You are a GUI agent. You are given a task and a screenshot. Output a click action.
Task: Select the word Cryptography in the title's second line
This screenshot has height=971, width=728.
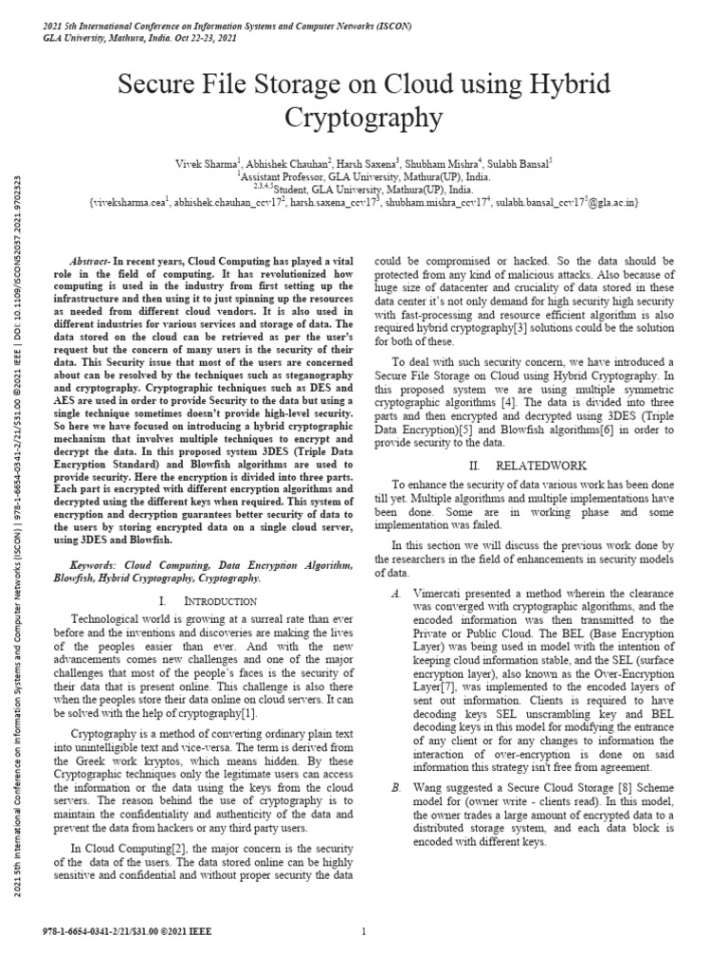pyautogui.click(x=364, y=118)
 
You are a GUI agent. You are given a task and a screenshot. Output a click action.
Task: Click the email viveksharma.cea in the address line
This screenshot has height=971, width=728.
pyautogui.click(x=129, y=203)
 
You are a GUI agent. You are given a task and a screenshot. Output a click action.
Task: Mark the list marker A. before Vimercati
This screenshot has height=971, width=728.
pyautogui.click(x=395, y=592)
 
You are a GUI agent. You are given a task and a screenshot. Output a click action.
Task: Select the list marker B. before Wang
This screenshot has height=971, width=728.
pyautogui.click(x=395, y=788)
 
